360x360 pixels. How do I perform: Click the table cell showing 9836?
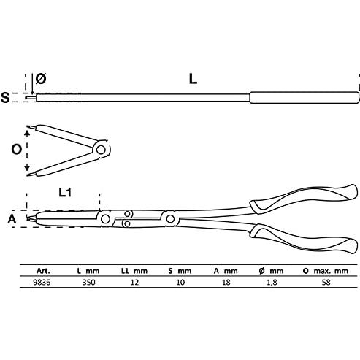click(42, 282)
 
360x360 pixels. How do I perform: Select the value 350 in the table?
click(88, 282)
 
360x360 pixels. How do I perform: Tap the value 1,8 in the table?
click(272, 283)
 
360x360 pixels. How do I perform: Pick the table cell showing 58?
click(326, 282)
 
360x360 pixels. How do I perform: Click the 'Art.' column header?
click(43, 271)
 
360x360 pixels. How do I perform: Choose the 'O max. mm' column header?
click(326, 271)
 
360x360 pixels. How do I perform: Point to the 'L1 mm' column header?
click(134, 271)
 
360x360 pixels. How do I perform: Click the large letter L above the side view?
click(193, 79)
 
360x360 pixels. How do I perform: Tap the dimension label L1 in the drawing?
click(65, 193)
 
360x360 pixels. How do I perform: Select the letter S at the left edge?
click(5, 97)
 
